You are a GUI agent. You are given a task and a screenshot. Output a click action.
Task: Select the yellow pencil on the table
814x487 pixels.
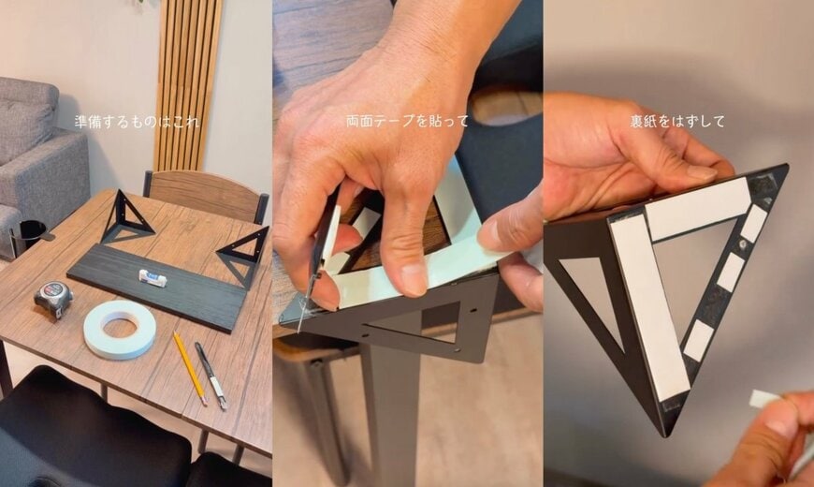tap(190, 368)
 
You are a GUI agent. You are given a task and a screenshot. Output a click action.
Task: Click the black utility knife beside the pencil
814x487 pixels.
tap(211, 376)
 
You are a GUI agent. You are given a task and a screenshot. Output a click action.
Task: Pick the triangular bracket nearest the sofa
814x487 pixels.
tap(126, 217)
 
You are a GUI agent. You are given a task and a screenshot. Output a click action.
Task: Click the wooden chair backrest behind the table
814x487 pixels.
tap(205, 195)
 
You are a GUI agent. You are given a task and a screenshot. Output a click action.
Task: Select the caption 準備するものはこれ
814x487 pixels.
tap(137, 122)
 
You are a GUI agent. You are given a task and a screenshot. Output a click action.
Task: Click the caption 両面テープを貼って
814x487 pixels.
tap(407, 121)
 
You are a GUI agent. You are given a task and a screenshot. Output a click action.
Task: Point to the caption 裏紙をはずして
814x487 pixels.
tap(677, 121)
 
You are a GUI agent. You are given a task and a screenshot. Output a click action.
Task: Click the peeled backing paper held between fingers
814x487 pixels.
tap(765, 399)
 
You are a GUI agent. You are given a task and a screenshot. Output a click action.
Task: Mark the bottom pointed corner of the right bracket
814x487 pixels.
tap(666, 436)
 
